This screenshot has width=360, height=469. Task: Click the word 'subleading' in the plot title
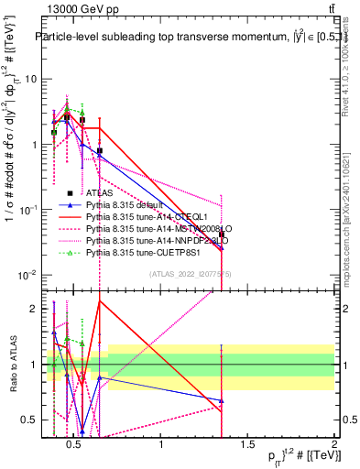(x=138, y=37)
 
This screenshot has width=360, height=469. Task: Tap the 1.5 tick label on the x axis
(x=248, y=445)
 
